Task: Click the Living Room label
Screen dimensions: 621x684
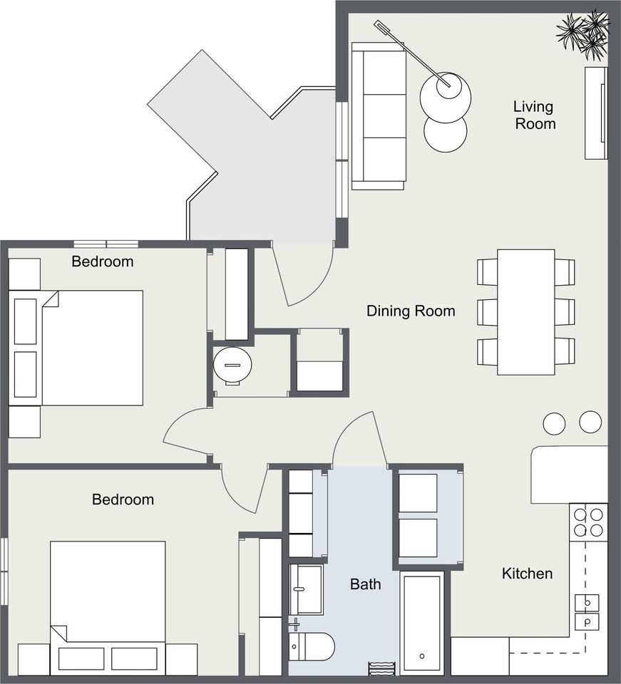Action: click(x=534, y=115)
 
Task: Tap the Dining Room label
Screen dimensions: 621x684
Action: click(x=411, y=311)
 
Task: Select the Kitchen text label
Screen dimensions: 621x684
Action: click(x=527, y=573)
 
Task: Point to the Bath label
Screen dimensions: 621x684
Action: click(x=365, y=584)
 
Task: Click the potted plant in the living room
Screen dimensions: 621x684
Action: click(x=583, y=31)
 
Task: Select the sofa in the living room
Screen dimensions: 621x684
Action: click(x=379, y=116)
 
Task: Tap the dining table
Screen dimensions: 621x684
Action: click(x=526, y=312)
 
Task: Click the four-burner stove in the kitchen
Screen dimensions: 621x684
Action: click(x=588, y=522)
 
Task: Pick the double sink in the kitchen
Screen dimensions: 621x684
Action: click(x=587, y=611)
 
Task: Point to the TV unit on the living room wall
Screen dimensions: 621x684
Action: click(x=596, y=113)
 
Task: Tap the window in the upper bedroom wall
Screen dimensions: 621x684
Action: click(x=106, y=244)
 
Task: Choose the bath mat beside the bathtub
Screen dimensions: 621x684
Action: click(x=382, y=668)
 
